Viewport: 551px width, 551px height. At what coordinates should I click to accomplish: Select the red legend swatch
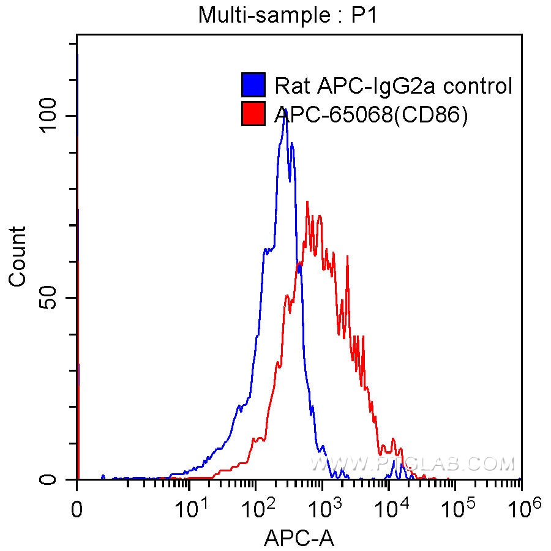point(253,114)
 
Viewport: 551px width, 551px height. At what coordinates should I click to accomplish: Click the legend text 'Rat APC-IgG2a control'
point(393,86)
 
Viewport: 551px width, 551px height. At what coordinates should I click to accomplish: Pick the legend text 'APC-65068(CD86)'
point(371,114)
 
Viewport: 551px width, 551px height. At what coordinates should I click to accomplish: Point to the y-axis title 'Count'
point(18,256)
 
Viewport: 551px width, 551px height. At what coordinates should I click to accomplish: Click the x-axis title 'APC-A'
point(299,538)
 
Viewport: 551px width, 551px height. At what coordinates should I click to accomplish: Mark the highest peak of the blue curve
point(285,110)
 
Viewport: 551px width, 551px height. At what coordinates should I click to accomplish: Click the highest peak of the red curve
point(307,201)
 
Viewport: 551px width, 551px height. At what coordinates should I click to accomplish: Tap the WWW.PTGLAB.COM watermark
point(411,465)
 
